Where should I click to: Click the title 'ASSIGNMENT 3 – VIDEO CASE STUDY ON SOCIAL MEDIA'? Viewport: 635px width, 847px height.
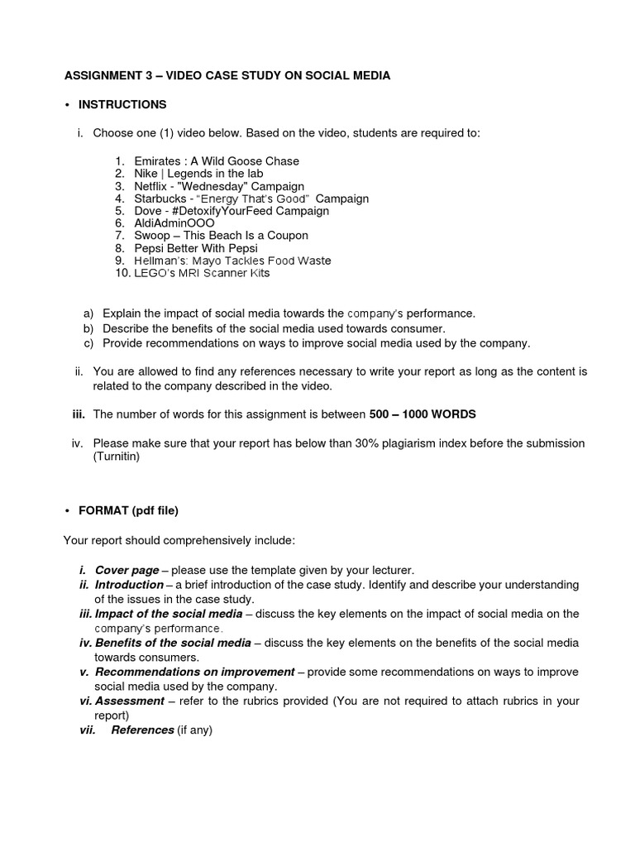227,75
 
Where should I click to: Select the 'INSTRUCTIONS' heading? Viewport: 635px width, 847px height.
122,104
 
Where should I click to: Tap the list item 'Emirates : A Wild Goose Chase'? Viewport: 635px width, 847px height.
217,160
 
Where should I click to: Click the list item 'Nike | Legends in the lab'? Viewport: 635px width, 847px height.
199,174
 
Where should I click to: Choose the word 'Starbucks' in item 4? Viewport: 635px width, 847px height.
160,199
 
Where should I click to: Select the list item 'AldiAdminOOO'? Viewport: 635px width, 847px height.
174,223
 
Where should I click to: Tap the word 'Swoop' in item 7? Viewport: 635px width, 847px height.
151,236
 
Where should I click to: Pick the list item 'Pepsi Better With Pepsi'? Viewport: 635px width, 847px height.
196,248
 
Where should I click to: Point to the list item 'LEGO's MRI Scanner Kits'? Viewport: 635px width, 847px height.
202,273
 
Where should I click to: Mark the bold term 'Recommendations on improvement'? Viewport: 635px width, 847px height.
194,672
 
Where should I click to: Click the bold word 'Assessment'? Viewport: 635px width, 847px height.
130,701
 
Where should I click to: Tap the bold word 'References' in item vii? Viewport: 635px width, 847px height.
142,730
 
